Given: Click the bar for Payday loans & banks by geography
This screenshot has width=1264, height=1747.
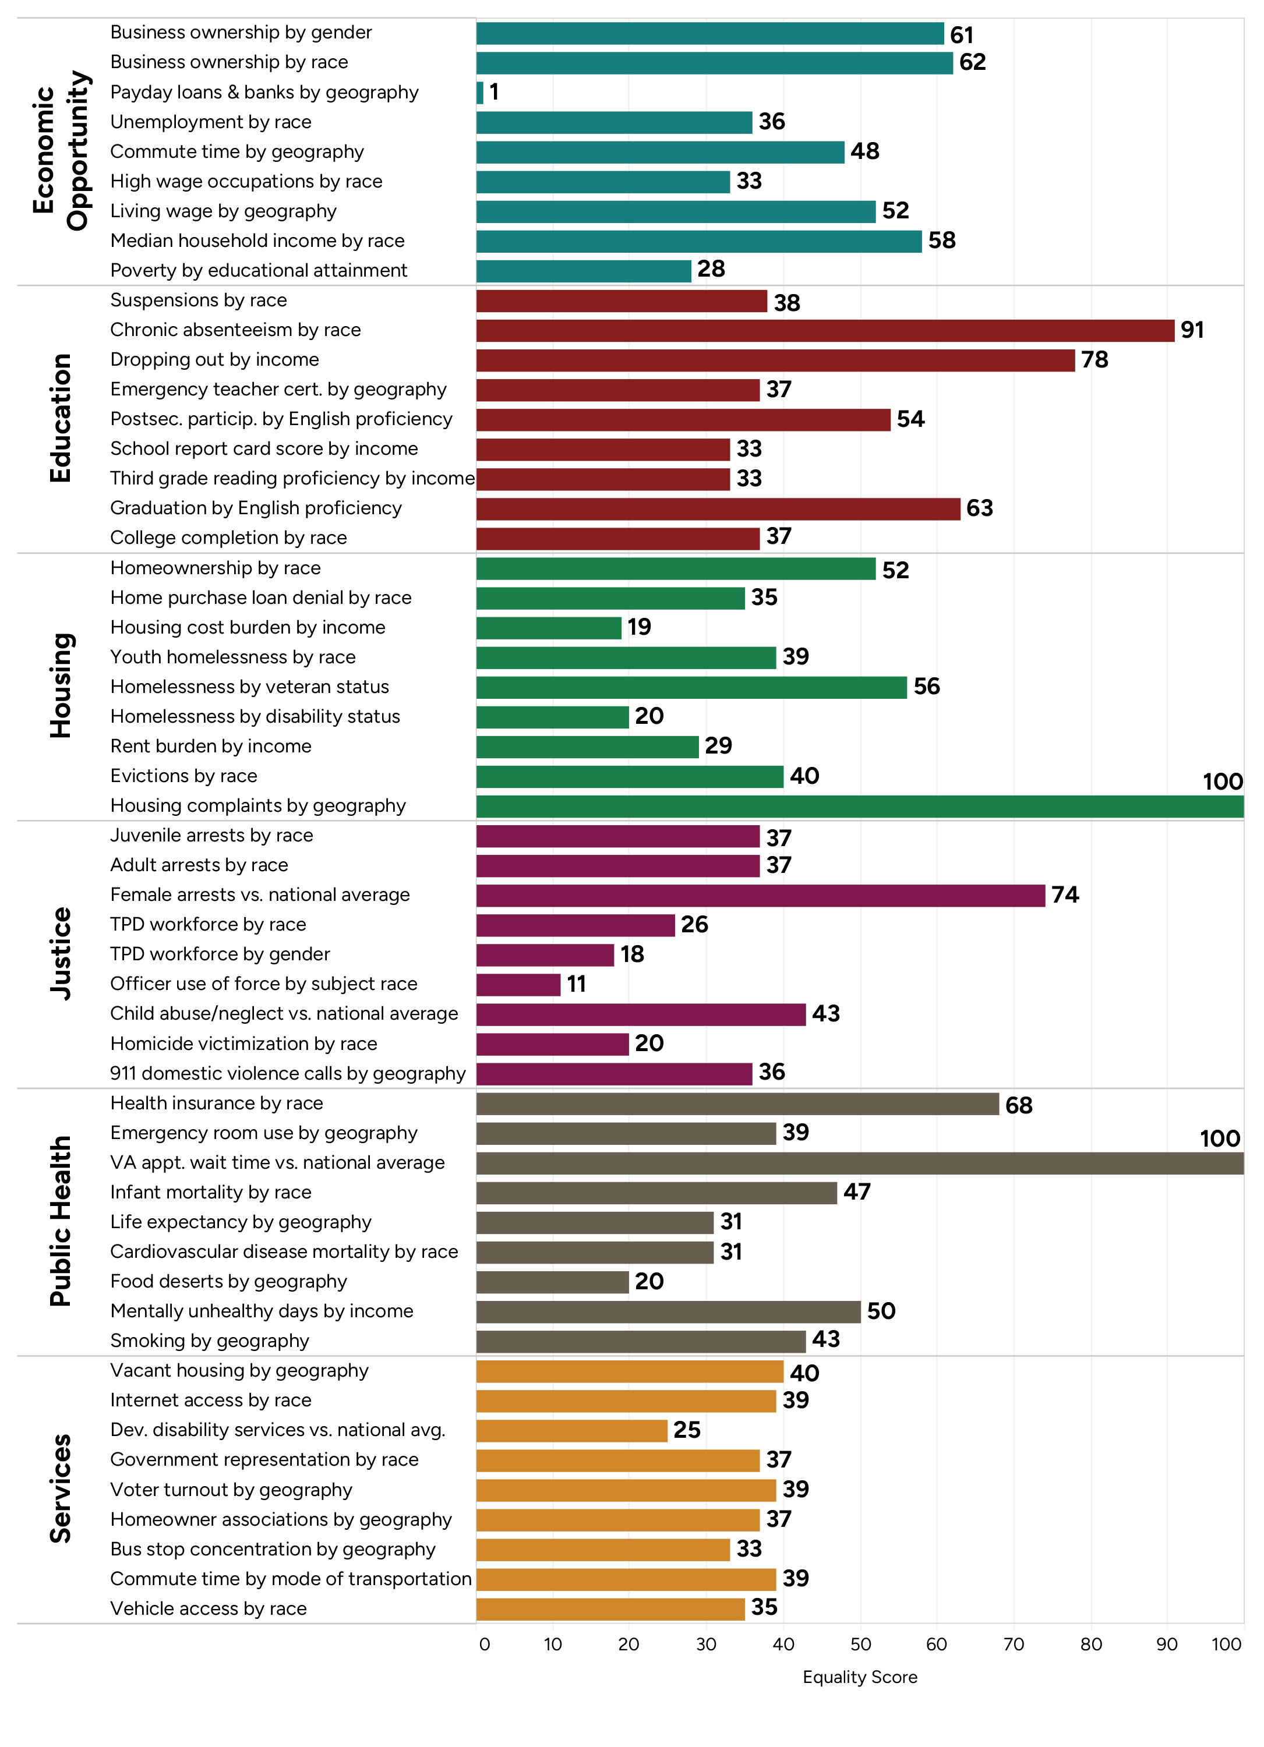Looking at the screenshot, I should click(x=480, y=93).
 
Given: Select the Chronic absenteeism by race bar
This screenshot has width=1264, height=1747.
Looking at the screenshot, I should click(x=824, y=330).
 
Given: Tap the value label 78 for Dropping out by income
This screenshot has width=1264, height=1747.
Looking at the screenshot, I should click(x=1094, y=360).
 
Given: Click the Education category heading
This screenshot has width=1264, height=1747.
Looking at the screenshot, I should click(x=60, y=418).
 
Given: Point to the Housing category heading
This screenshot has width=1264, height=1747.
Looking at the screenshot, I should click(x=60, y=685).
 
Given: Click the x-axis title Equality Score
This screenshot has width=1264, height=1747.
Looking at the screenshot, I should click(x=860, y=1677).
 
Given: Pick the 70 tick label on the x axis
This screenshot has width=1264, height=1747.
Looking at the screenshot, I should click(x=1013, y=1644).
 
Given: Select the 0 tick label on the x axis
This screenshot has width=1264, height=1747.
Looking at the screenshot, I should click(x=483, y=1644).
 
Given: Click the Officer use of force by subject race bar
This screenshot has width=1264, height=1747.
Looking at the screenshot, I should click(x=518, y=984).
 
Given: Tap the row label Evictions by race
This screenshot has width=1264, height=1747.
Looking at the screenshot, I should click(x=183, y=776).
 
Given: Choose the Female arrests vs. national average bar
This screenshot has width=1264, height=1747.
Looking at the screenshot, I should click(x=760, y=895).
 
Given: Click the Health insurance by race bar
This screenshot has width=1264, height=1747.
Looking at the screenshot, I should click(x=737, y=1104).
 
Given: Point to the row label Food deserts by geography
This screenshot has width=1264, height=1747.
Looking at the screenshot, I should click(x=228, y=1281).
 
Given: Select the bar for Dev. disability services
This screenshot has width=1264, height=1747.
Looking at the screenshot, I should click(x=571, y=1430).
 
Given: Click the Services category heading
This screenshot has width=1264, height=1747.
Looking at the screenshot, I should click(x=60, y=1488).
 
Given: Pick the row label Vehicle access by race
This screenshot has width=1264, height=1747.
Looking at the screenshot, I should click(x=208, y=1608).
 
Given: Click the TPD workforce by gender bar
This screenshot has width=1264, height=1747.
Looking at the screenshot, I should click(x=545, y=954).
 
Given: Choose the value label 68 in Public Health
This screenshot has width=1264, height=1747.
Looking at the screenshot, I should click(x=1018, y=1105).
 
